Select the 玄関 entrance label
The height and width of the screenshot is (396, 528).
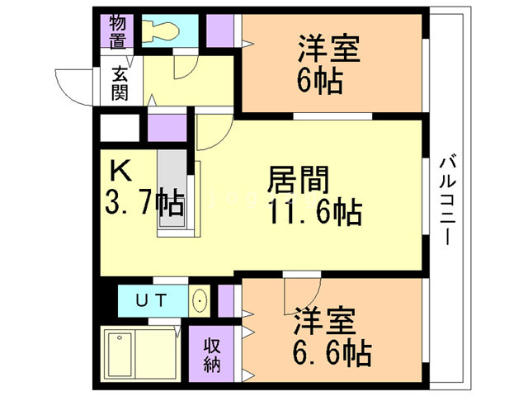pos(120,82)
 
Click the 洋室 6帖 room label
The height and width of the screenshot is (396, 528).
pos(328,64)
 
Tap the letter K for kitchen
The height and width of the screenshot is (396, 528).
pos(120,172)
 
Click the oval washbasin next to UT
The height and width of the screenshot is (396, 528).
pos(200,301)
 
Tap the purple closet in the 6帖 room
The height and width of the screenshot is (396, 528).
pos(220,31)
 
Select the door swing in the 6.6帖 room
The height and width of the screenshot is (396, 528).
pos(300,293)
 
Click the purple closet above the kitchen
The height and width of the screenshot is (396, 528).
pos(168,130)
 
